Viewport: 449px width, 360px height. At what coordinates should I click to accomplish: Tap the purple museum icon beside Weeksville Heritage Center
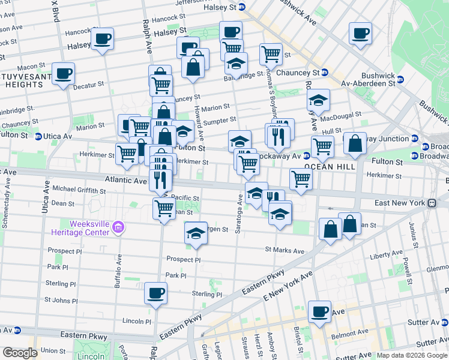click(x=118, y=227)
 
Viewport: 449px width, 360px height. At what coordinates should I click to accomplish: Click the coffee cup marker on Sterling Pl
click(x=156, y=293)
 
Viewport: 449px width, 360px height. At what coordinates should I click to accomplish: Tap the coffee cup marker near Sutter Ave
click(x=319, y=312)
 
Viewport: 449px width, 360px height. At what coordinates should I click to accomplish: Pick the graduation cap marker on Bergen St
click(x=196, y=233)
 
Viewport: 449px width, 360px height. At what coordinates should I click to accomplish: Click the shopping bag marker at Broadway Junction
click(x=355, y=144)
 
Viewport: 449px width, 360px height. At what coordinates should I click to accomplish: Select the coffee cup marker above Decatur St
click(x=63, y=74)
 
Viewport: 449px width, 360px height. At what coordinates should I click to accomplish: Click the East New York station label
click(x=400, y=203)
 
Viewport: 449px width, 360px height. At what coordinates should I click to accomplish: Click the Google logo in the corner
click(x=19, y=352)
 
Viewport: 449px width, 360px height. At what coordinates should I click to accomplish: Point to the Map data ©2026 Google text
click(x=411, y=355)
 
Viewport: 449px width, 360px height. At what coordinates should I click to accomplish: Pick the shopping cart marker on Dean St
click(x=164, y=208)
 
